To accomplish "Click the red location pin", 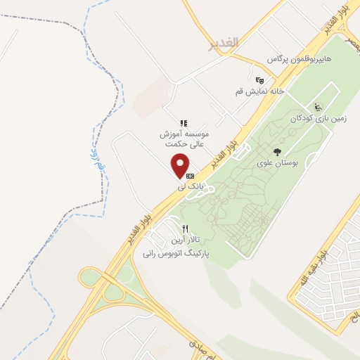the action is (x=181, y=165).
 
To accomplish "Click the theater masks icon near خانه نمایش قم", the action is (x=259, y=80).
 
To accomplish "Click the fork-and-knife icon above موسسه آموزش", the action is (x=184, y=123).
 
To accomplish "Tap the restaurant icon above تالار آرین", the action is (x=186, y=228).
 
